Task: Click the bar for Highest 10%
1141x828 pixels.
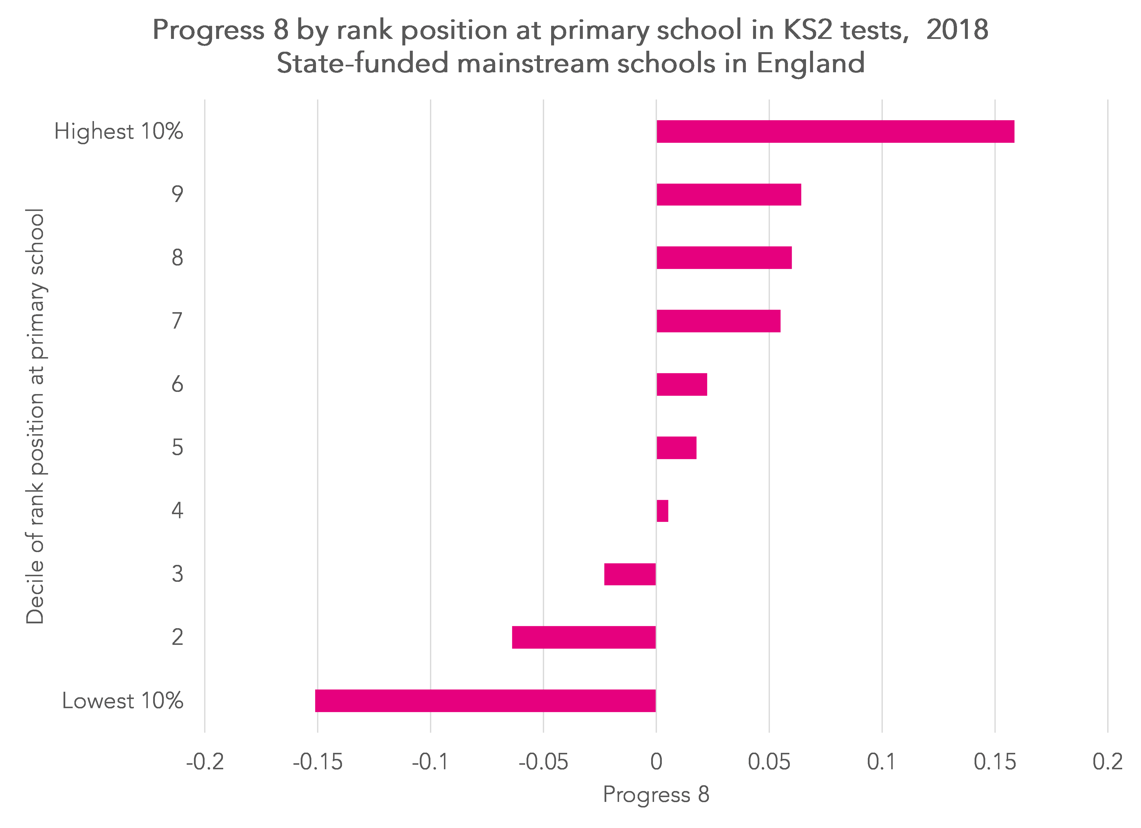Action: [x=835, y=131]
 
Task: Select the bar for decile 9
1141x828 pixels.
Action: [x=728, y=195]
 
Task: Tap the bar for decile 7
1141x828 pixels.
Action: [x=718, y=321]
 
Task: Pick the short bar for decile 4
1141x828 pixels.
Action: [x=662, y=511]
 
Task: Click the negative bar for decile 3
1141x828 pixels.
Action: [x=630, y=574]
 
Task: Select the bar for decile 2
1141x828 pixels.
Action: [x=584, y=637]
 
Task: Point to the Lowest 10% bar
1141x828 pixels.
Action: [x=485, y=701]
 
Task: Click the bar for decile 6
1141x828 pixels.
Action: [x=682, y=385]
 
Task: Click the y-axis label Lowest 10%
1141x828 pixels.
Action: [x=122, y=701]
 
